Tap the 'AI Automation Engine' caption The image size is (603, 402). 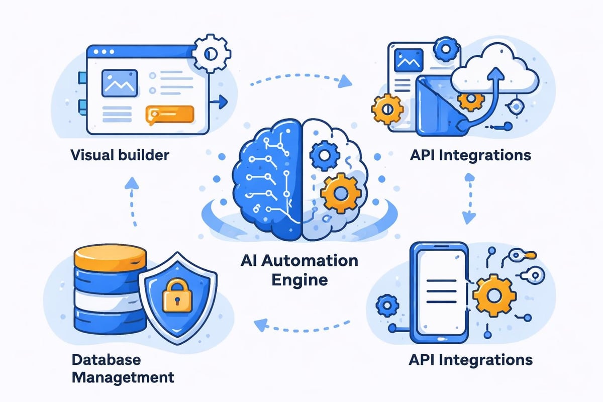(299, 269)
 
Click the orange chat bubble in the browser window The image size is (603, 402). (169, 114)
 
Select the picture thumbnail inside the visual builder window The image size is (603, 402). (119, 83)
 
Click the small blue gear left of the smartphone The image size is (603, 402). (387, 305)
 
